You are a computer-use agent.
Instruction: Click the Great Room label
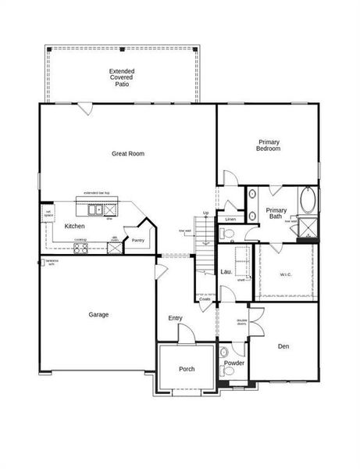tap(128, 154)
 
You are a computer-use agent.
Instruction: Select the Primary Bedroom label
tap(269, 145)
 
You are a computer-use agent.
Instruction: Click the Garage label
tap(98, 314)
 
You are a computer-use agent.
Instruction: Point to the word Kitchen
tap(75, 226)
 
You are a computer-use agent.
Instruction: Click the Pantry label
tap(137, 240)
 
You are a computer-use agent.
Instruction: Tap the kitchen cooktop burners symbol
tap(80, 248)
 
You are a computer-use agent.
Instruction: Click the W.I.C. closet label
tap(285, 274)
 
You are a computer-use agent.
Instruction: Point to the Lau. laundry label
tap(226, 271)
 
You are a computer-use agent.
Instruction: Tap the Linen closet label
tap(230, 220)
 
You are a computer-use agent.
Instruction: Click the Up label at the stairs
tap(205, 213)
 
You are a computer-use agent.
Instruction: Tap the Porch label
tap(187, 369)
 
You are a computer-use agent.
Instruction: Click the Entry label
tap(176, 317)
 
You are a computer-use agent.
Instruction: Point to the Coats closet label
tap(205, 299)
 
